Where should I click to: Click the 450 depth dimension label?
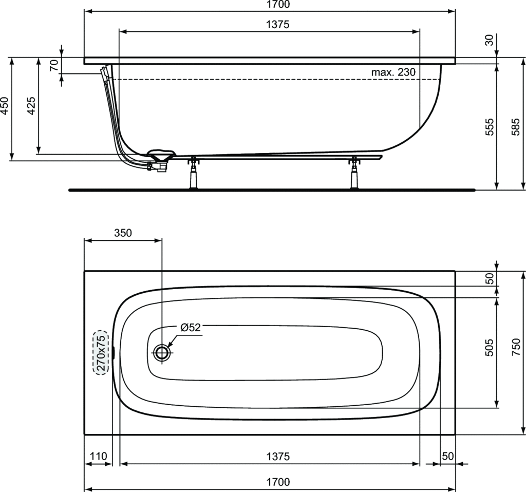4,106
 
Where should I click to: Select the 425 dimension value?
31,106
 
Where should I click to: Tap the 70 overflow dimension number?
54,65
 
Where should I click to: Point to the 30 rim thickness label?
490,40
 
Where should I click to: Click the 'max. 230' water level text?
393,72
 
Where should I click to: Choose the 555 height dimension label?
490,126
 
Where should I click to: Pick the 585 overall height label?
516,126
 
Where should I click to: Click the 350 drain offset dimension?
123,233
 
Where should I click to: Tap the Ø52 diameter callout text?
191,327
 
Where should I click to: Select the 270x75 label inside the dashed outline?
101,352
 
